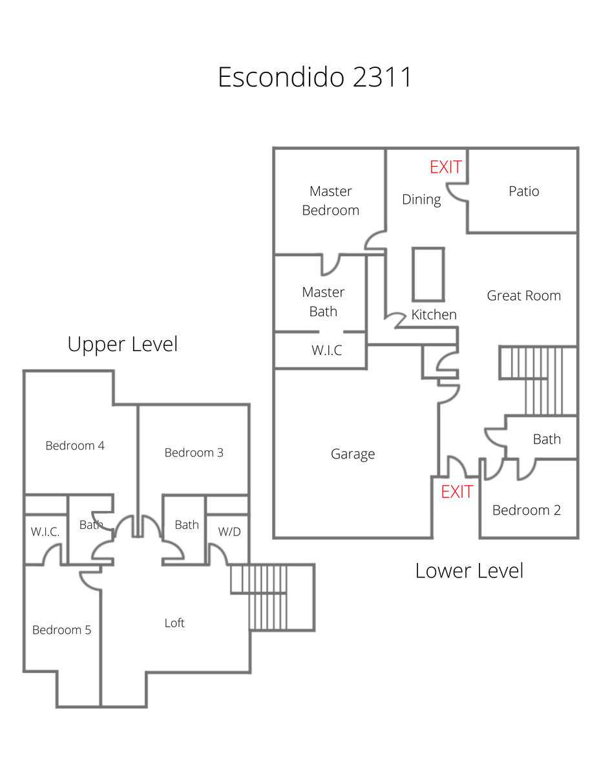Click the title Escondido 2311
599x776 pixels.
pyautogui.click(x=315, y=78)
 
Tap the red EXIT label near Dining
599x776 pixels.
pyautogui.click(x=446, y=167)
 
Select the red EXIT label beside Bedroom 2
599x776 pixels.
pyautogui.click(x=457, y=492)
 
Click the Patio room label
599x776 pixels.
pyautogui.click(x=523, y=191)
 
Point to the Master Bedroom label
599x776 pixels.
pyautogui.click(x=330, y=200)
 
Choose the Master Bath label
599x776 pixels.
pyautogui.click(x=323, y=302)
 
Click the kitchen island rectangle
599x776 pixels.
pyautogui.click(x=428, y=274)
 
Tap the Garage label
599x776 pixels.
pyautogui.click(x=353, y=454)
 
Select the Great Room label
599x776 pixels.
pyautogui.click(x=523, y=296)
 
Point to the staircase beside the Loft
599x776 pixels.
pyautogui.click(x=271, y=596)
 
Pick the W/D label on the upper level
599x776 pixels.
pyautogui.click(x=229, y=532)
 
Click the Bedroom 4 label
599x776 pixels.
pyautogui.click(x=75, y=446)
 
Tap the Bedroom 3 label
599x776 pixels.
pyautogui.click(x=194, y=453)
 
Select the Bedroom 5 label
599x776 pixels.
pyautogui.click(x=61, y=630)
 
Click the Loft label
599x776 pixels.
pyautogui.click(x=174, y=623)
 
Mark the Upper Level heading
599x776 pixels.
pyautogui.click(x=122, y=344)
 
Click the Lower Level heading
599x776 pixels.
pyautogui.click(x=469, y=570)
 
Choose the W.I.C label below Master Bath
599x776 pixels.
pyautogui.click(x=326, y=350)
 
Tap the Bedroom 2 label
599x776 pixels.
pyautogui.click(x=526, y=510)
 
